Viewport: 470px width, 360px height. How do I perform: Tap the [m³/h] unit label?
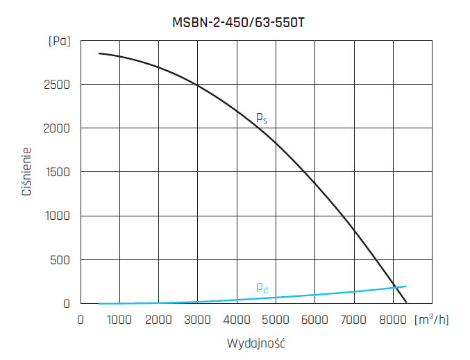(x=432, y=320)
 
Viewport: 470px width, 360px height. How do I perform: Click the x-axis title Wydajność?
(x=257, y=343)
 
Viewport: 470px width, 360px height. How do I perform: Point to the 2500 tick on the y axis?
(x=56, y=85)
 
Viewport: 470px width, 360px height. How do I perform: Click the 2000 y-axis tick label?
(x=56, y=128)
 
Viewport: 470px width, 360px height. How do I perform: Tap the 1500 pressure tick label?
(x=56, y=172)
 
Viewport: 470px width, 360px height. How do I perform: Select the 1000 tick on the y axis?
(x=56, y=216)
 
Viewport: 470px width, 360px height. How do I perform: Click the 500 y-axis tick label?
(x=60, y=260)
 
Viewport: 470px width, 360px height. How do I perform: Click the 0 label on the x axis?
(x=81, y=320)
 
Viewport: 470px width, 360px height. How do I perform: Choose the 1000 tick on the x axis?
(x=119, y=320)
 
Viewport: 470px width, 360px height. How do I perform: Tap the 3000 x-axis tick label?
(x=198, y=320)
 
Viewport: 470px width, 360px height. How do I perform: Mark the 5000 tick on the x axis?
(x=276, y=320)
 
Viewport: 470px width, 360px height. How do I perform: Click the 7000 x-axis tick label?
(x=355, y=320)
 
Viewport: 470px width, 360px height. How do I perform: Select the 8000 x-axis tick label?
(x=394, y=320)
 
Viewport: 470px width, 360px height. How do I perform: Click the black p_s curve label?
(x=262, y=118)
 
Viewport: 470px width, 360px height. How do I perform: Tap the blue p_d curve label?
(x=262, y=287)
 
